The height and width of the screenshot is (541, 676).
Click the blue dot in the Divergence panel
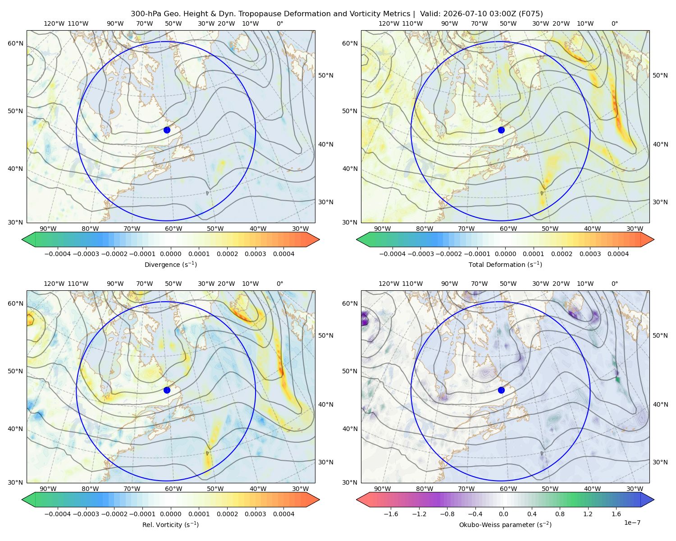click(167, 130)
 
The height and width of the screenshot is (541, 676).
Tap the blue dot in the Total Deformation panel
click(501, 130)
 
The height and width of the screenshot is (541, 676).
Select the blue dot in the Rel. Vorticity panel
click(167, 390)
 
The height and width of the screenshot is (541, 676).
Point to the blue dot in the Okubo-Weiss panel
click(501, 390)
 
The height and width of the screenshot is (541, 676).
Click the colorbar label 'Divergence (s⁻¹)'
click(170, 264)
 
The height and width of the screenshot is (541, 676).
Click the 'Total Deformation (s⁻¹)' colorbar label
click(505, 264)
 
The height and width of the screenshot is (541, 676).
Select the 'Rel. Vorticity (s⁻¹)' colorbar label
click(170, 524)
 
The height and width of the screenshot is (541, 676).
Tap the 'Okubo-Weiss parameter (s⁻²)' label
click(505, 524)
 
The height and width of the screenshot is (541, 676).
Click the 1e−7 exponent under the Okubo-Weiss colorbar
click(632, 523)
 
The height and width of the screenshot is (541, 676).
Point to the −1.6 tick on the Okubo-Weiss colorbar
click(391, 514)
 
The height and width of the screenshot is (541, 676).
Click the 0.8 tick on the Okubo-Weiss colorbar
click(560, 514)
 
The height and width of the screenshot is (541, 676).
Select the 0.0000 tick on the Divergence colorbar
click(170, 254)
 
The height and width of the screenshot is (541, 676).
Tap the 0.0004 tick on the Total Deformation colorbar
click(618, 254)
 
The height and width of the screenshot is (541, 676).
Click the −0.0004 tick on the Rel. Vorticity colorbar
click(58, 514)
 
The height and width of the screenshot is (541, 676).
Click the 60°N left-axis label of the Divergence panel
click(15, 43)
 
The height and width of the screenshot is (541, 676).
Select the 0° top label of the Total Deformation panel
click(614, 23)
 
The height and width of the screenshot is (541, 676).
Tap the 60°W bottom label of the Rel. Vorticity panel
click(174, 489)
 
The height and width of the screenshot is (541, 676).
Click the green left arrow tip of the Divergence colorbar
click(22, 239)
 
